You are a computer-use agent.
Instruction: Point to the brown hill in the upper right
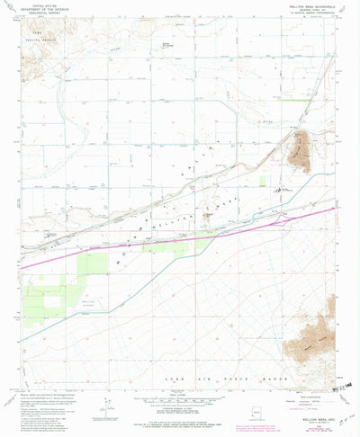pos(300,148)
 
